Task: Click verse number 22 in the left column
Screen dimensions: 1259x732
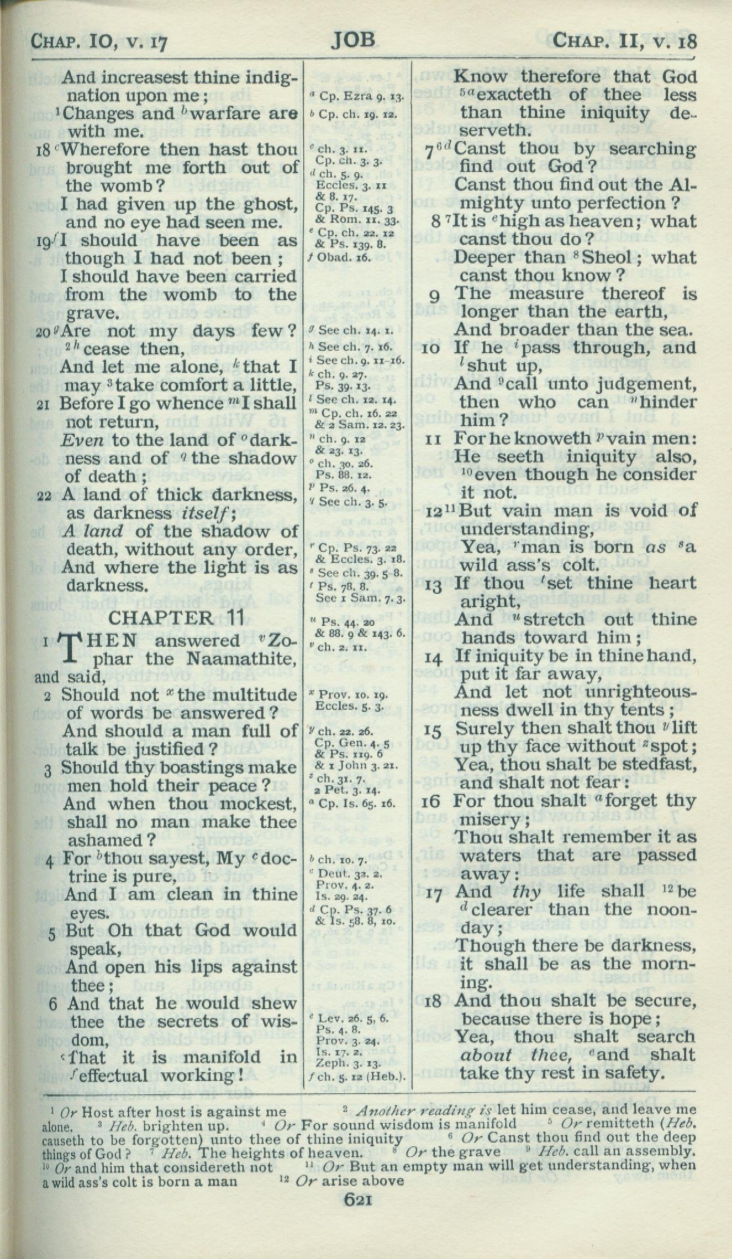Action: pyautogui.click(x=44, y=495)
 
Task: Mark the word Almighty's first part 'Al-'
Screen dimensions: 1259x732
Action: pyautogui.click(x=682, y=186)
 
